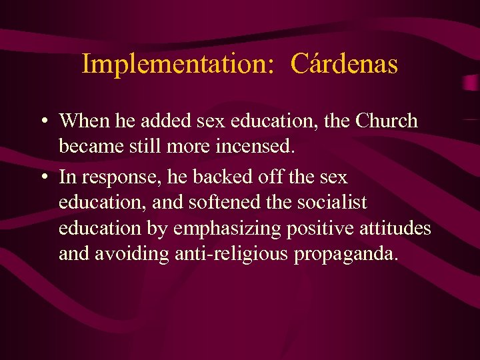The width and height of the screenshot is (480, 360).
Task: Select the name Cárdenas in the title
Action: (x=345, y=64)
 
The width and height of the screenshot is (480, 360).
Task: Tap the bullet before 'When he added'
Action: (x=42, y=121)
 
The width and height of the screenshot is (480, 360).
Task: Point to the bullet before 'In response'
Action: (x=42, y=178)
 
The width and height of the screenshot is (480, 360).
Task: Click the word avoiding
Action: (x=136, y=254)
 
